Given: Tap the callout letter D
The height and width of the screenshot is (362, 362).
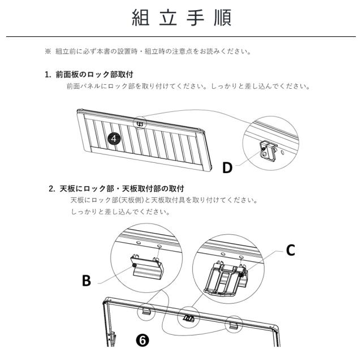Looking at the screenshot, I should click(x=227, y=168).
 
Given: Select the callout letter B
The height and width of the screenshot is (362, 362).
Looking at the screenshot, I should click(x=86, y=281).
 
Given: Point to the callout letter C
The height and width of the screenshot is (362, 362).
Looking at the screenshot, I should click(x=290, y=251).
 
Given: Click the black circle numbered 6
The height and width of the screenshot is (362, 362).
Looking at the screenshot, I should click(x=142, y=339).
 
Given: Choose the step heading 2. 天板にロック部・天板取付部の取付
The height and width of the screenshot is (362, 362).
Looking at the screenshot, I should click(x=117, y=188).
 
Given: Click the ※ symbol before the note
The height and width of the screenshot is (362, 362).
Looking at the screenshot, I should click(x=48, y=52).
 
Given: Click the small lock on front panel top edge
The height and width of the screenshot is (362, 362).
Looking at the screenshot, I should click(x=138, y=122).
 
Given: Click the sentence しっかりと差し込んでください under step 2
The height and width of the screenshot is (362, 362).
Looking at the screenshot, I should click(x=119, y=212).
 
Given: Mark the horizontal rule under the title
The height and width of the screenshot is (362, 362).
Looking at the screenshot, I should click(x=181, y=37).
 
